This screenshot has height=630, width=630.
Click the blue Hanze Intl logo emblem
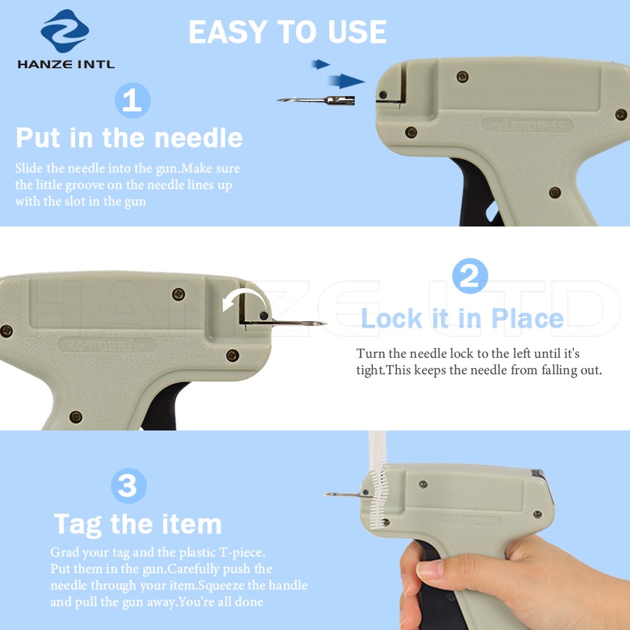[x=64, y=31]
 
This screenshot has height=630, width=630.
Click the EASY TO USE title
[x=288, y=31]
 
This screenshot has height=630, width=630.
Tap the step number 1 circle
[x=133, y=100]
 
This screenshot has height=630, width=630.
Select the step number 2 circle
[x=470, y=276]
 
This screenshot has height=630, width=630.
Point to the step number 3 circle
[x=128, y=486]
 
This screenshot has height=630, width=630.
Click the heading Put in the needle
[x=129, y=138]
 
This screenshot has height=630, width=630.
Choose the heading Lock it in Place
[x=463, y=319]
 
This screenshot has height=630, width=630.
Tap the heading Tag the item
[x=138, y=525]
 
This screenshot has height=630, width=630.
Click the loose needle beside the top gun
[x=316, y=100]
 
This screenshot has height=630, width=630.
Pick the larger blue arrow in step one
[x=346, y=81]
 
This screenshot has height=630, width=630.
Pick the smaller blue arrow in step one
[x=320, y=64]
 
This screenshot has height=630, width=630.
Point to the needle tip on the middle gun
[x=325, y=323]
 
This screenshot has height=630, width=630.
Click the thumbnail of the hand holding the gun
[x=514, y=582]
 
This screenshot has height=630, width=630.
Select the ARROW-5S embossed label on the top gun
[x=526, y=125]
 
